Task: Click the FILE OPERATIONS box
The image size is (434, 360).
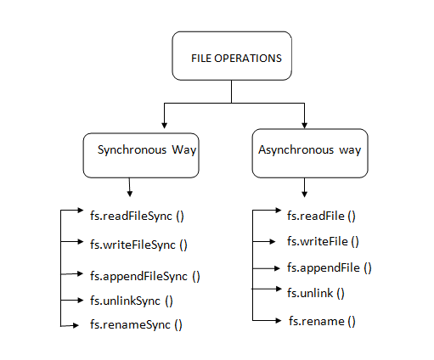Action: coord(231,58)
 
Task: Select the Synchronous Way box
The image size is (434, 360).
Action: coord(140,151)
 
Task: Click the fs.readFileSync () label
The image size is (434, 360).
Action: coord(137,216)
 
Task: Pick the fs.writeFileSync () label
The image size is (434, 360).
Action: coord(138,245)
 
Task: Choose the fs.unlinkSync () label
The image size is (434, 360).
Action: coord(131,300)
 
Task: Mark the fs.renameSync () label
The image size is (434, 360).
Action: coord(135,324)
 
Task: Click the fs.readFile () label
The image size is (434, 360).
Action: coord(321,217)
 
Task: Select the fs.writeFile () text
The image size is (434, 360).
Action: coord(323,242)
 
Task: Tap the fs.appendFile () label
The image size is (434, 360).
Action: coord(330,268)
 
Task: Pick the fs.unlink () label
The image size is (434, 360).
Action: coord(316,293)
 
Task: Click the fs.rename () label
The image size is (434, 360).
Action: coord(321,321)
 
